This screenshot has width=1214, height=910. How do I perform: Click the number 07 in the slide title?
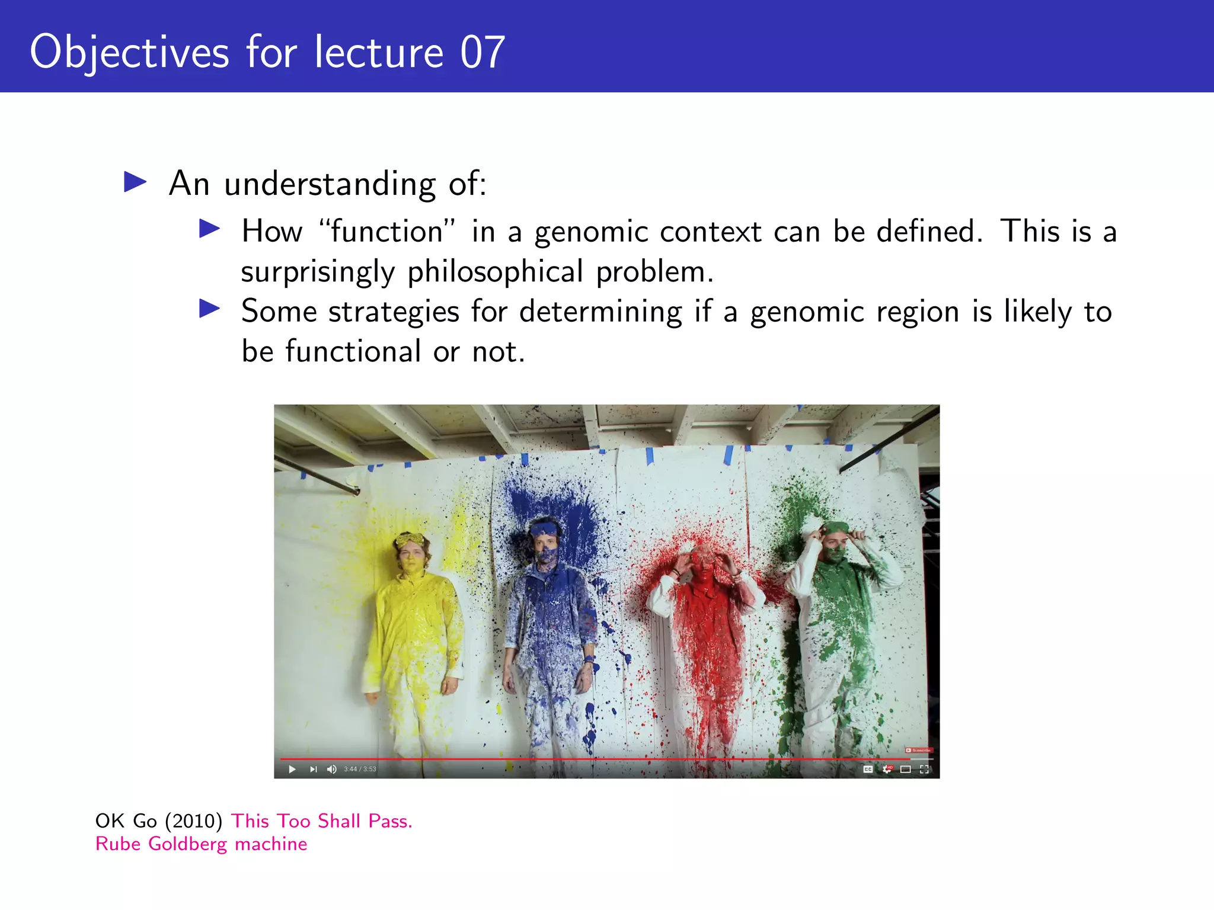tap(482, 52)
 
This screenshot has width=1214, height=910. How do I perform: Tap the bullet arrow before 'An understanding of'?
tap(135, 182)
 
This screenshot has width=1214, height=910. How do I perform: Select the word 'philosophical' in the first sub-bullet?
tap(495, 272)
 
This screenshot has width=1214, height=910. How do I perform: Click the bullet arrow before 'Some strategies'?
tap(210, 309)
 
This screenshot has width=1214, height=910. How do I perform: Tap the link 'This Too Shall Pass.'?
tap(321, 821)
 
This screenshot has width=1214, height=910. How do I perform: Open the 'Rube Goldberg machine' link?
tap(201, 844)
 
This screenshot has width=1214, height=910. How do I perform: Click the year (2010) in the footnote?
tap(194, 821)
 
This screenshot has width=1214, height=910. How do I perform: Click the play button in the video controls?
tap(292, 769)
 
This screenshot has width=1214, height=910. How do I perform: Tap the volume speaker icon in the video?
tap(331, 769)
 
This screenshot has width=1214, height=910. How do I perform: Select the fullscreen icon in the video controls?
tap(924, 769)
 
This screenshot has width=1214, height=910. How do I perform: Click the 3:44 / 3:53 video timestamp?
tap(360, 769)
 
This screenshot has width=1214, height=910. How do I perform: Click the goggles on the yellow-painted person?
tap(410, 540)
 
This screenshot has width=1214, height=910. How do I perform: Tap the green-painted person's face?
tap(835, 548)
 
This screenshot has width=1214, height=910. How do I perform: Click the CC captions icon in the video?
tap(868, 769)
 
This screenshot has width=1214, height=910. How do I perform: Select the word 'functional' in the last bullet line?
tap(353, 351)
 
